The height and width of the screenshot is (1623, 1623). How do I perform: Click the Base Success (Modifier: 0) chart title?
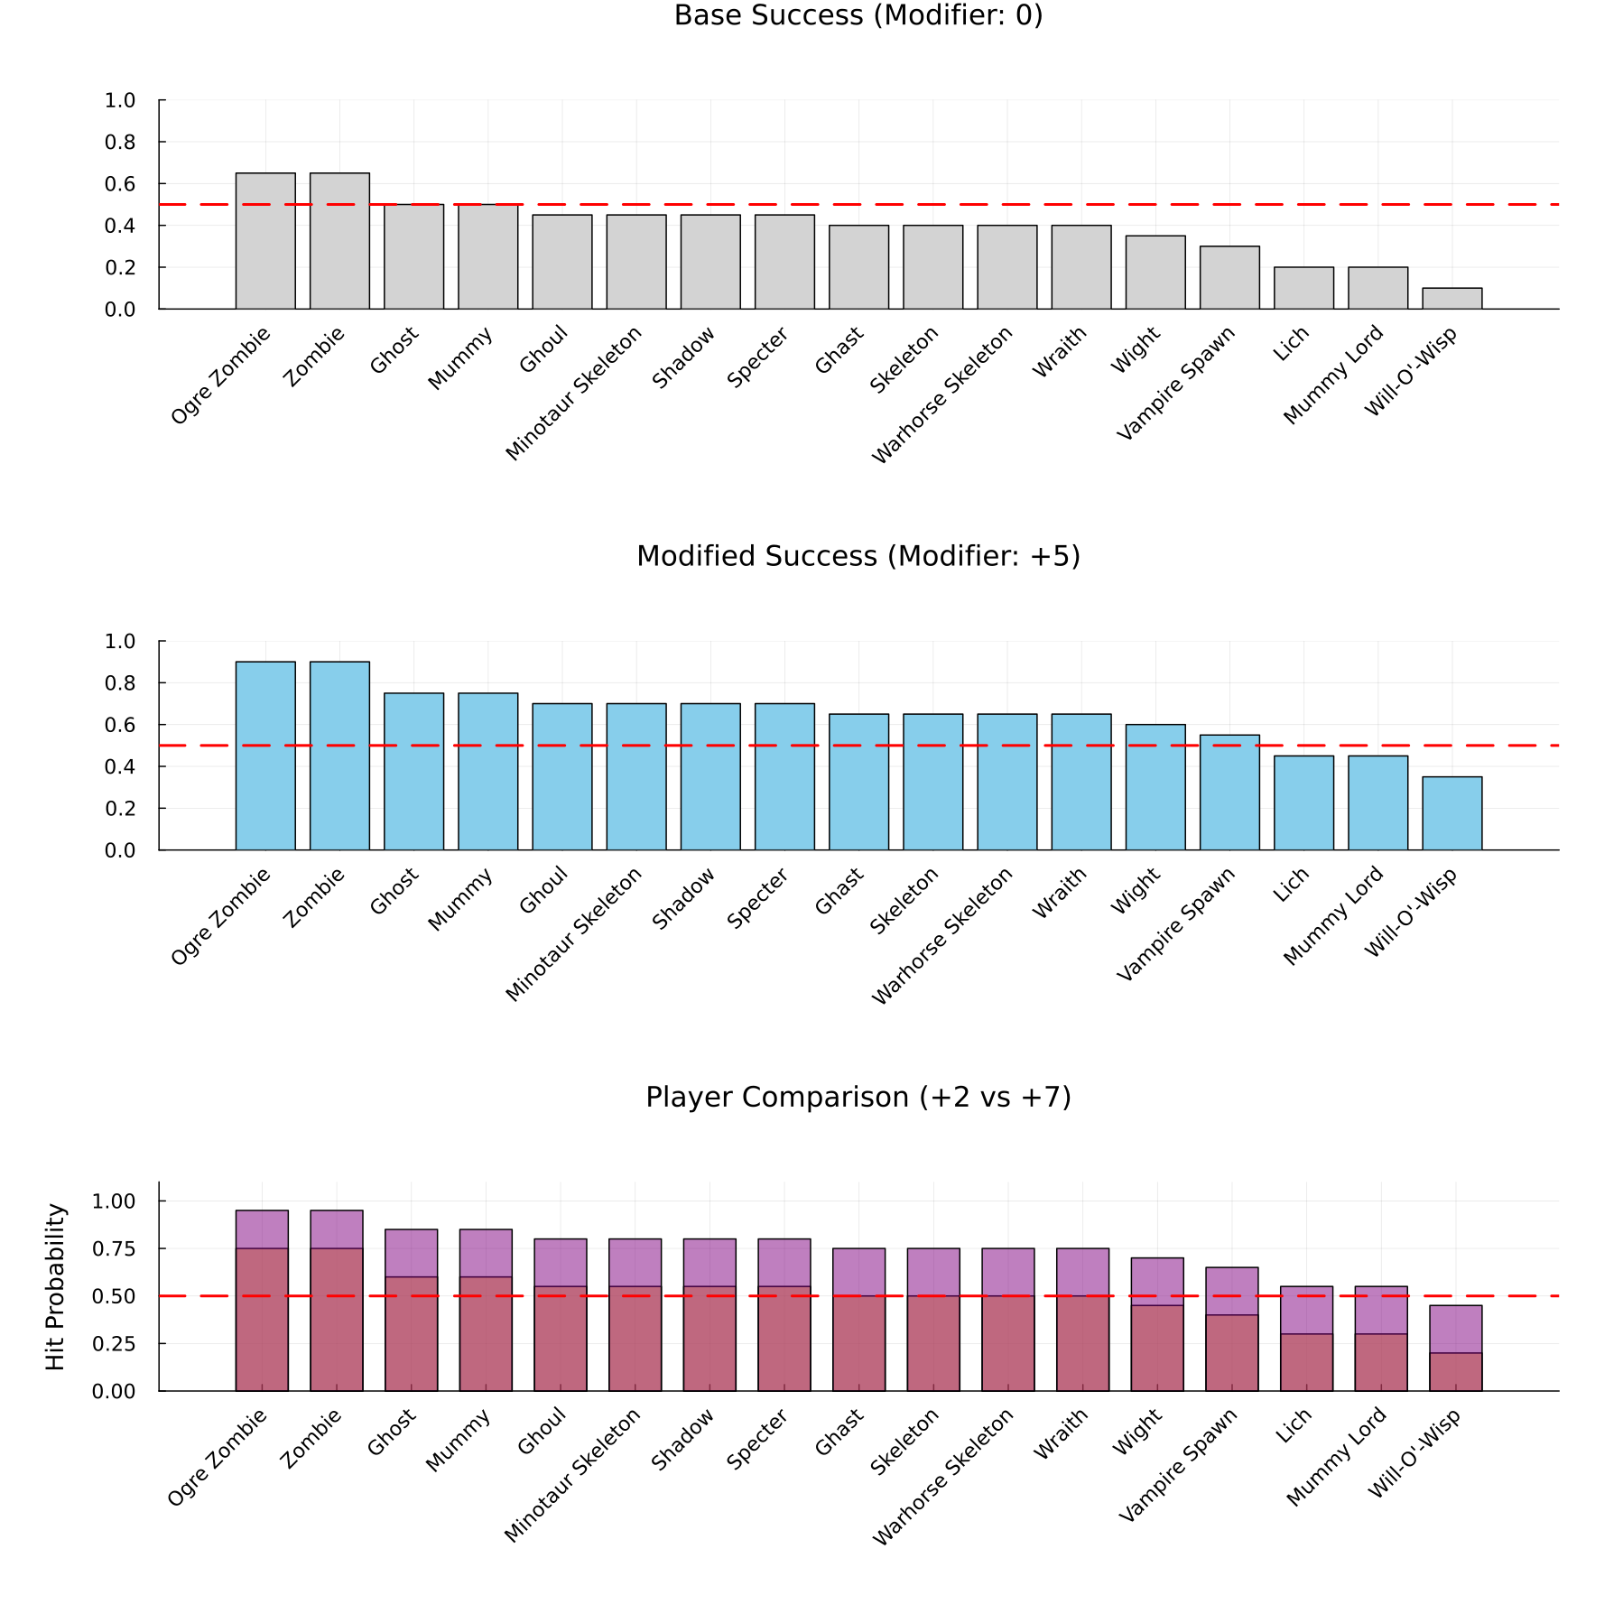point(858,16)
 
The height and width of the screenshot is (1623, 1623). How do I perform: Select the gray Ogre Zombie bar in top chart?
point(265,241)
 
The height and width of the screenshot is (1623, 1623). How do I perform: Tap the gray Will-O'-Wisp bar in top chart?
point(1451,299)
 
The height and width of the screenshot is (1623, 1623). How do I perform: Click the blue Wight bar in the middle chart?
point(1155,787)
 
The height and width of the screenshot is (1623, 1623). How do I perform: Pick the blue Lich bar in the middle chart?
point(1303,803)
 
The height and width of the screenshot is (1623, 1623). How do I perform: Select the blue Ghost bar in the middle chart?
point(413,772)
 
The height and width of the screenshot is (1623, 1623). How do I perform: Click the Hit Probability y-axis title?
point(56,1286)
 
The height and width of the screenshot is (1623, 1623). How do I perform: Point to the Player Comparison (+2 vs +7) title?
point(858,1098)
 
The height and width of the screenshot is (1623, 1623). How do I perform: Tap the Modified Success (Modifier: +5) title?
point(858,557)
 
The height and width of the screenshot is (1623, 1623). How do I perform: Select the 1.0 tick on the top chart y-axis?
point(120,101)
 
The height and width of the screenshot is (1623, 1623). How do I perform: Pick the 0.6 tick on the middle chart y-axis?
point(120,726)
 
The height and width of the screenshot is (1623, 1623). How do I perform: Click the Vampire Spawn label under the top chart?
point(1175,384)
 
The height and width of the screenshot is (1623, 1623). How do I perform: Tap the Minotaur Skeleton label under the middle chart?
point(573,934)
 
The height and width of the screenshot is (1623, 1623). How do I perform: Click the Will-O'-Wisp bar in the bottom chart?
point(1455,1349)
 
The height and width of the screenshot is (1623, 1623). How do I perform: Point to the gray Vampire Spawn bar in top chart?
point(1229,278)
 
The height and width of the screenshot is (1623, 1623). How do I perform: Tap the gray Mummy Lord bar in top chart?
point(1377,289)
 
